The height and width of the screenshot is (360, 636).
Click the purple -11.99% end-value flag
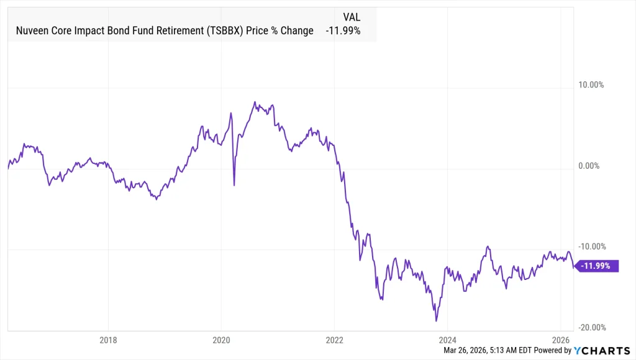tap(596, 266)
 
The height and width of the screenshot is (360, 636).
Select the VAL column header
tap(352, 17)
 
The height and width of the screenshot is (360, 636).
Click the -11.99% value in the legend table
tap(343, 30)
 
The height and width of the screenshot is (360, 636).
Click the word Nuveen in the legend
tap(30, 30)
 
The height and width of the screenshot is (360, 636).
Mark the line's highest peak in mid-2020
tap(255, 102)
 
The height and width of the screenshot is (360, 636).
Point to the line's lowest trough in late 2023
tap(437, 321)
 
